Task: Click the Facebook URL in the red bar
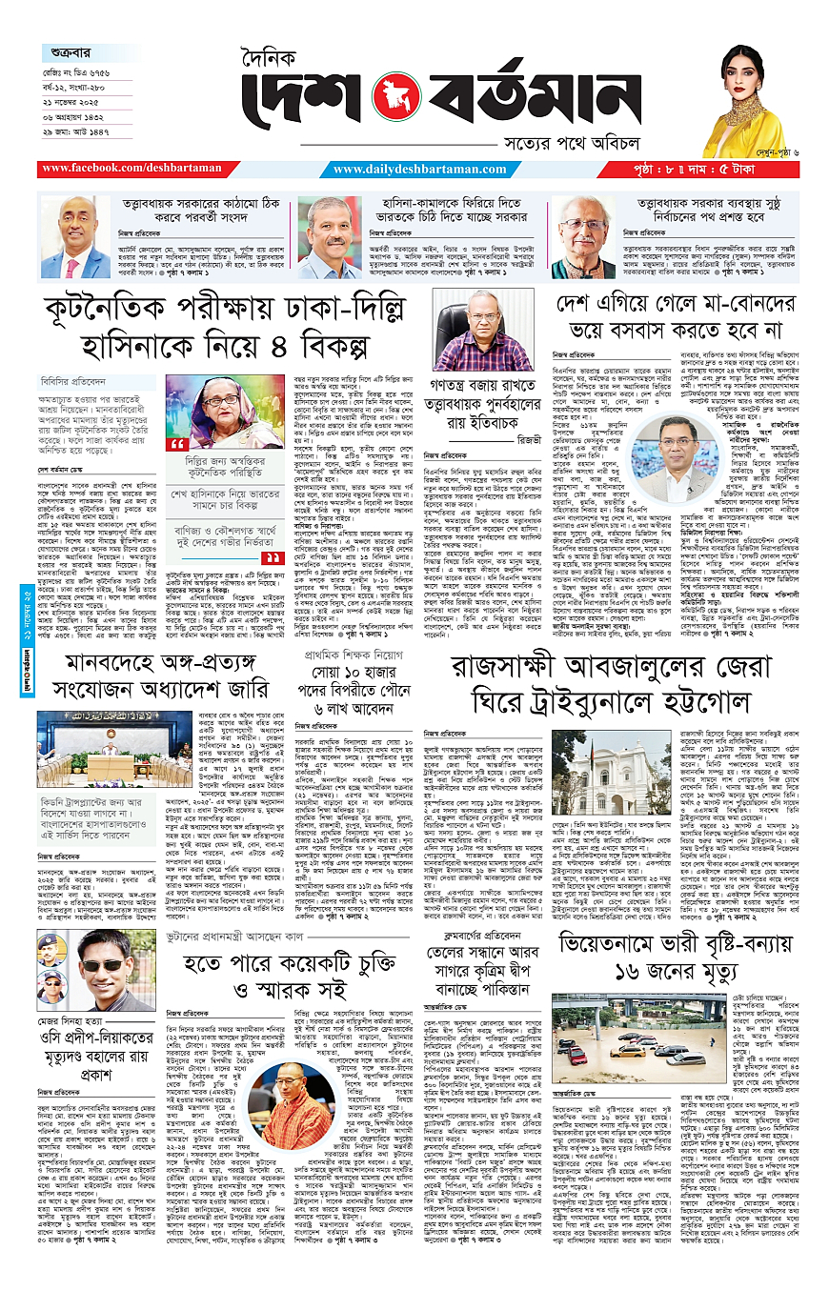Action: pos(130,169)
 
